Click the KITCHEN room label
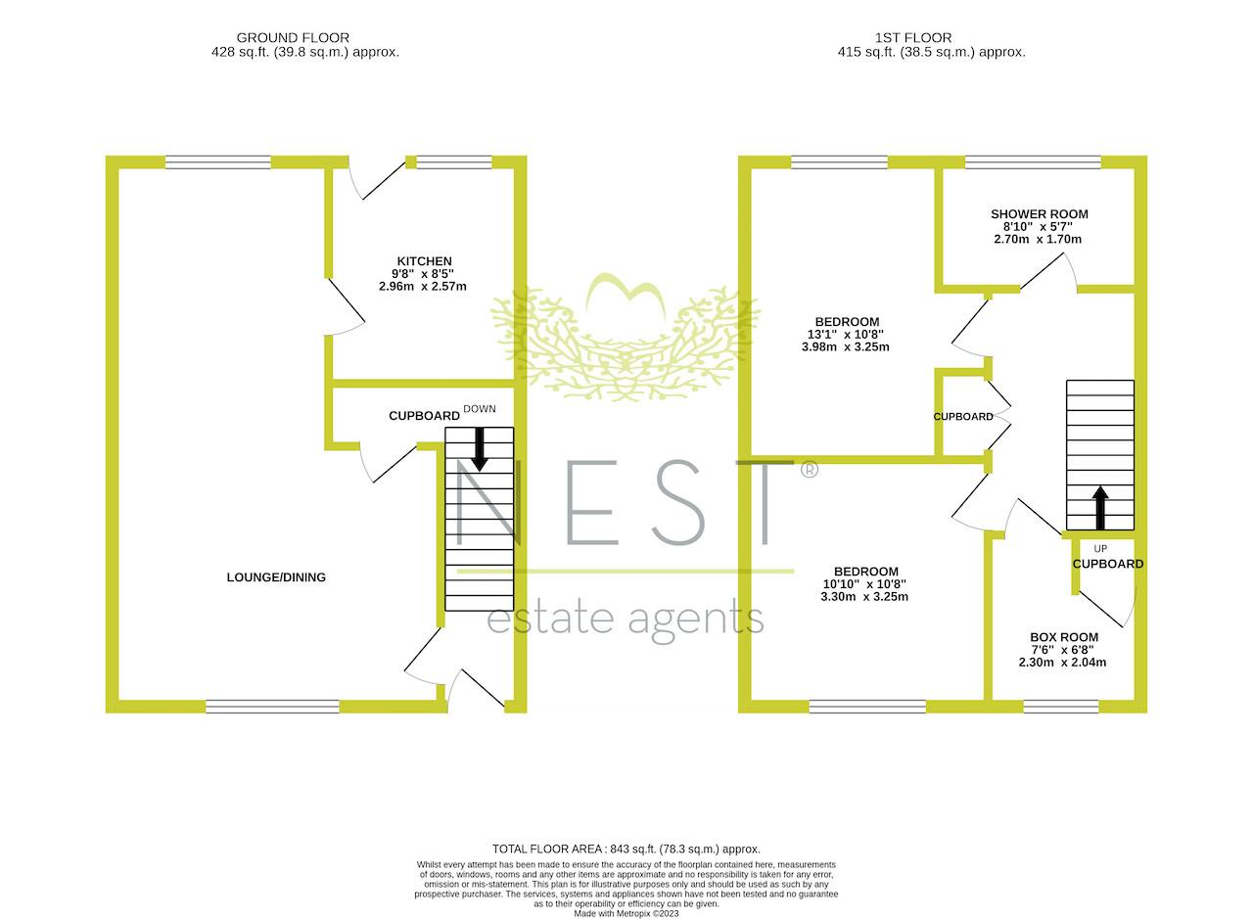[424, 261]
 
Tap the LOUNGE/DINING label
[276, 577]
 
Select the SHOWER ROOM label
[1040, 214]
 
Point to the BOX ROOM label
[1064, 637]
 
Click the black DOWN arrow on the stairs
[480, 449]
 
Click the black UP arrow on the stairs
[1100, 508]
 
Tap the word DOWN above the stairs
[480, 409]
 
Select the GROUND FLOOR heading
[293, 38]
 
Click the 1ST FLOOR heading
[913, 38]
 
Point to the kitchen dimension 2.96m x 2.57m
[422, 287]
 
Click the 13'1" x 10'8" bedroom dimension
[845, 335]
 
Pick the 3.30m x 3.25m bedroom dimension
[864, 597]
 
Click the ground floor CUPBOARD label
[424, 416]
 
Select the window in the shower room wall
[1033, 162]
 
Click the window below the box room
[1061, 707]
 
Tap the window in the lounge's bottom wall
[272, 707]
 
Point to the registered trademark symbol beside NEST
[810, 470]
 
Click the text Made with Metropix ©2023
[626, 914]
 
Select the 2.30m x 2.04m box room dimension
[1062, 663]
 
